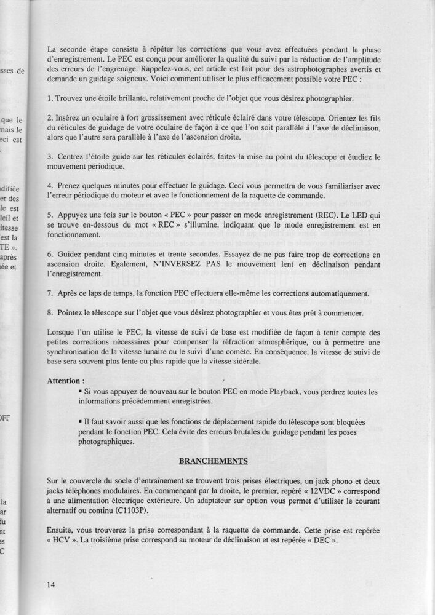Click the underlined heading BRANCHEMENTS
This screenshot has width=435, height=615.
tap(213, 459)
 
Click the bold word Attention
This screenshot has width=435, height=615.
tap(65, 381)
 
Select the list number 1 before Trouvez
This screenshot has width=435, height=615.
tap(49, 99)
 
